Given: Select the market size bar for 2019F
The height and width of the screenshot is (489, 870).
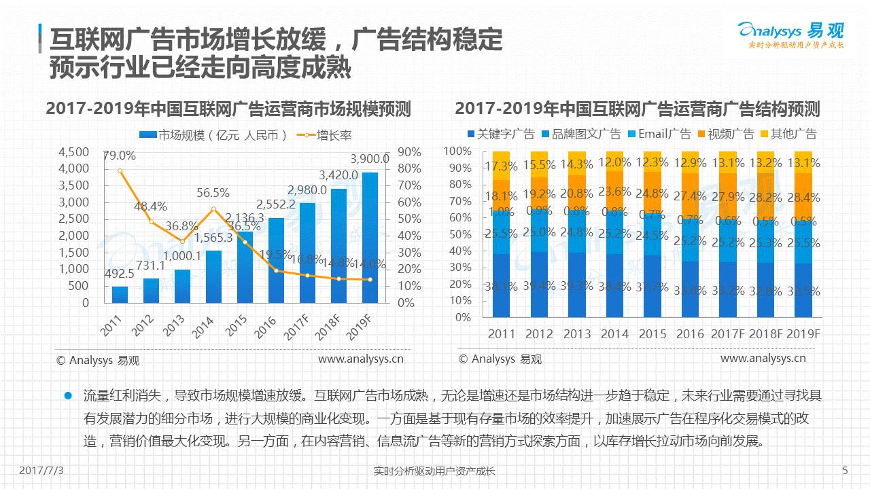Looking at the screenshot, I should pos(370,238).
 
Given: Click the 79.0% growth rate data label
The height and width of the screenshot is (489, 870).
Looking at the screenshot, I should pos(119,156).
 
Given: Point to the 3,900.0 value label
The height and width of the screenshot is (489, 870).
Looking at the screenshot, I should pos(370,159).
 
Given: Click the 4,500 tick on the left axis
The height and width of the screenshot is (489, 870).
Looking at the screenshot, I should pos(74,151).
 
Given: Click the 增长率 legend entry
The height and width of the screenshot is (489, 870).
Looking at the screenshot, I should pos(326,134).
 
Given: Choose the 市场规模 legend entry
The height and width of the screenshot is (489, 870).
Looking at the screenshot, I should pos(214,134).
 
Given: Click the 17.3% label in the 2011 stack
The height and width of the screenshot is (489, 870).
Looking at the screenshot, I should pos(501,166).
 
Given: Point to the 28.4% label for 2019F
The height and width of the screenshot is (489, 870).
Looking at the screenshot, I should pos(803,198).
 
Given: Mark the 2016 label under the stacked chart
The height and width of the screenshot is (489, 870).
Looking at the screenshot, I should pos(690,334).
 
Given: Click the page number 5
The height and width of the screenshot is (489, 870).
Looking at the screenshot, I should pos(845,470).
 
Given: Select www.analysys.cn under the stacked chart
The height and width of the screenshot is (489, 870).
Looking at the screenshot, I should pos(763,358).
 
